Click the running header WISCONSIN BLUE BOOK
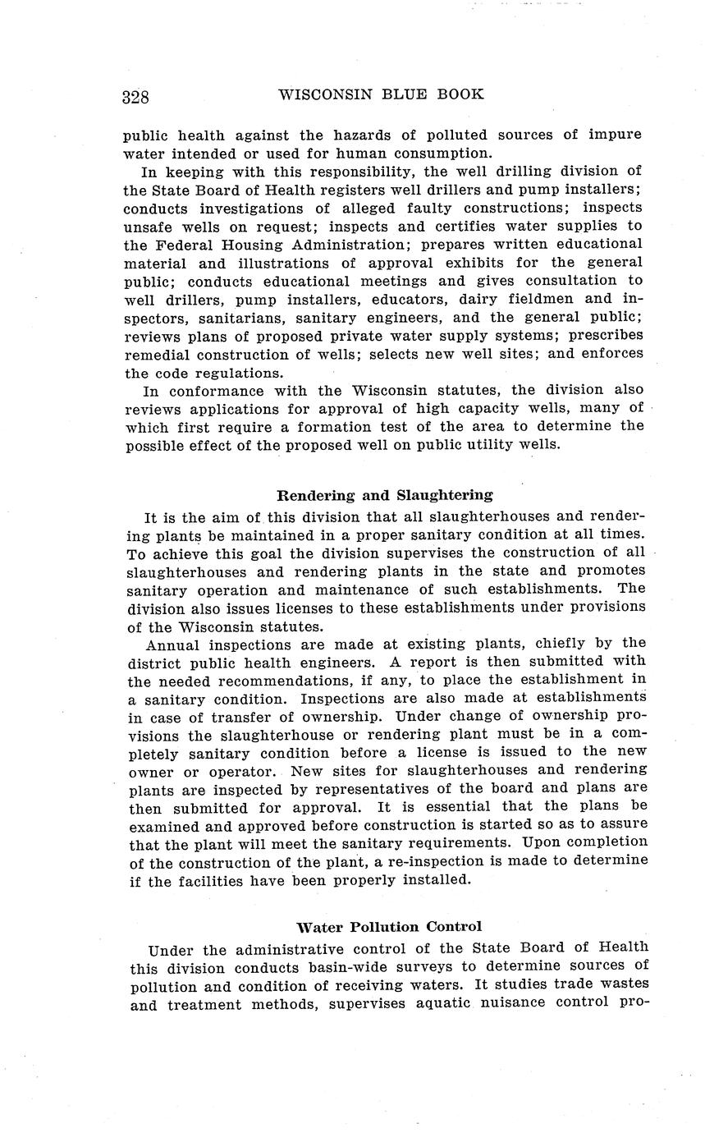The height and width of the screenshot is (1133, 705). (381, 94)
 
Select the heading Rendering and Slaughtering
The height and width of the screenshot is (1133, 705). (385, 495)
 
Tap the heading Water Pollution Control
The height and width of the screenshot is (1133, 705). (389, 927)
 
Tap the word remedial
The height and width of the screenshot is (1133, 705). (159, 354)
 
